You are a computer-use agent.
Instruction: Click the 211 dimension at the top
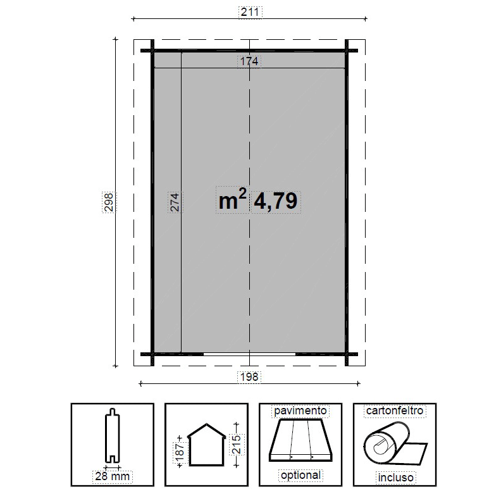point(249,12)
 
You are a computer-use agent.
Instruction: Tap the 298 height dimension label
point(109,202)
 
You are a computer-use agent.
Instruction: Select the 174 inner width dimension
point(249,61)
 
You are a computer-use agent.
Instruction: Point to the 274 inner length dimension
point(175,202)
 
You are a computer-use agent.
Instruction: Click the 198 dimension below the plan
point(249,377)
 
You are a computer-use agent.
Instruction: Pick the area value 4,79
point(276,201)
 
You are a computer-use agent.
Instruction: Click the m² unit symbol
point(232,200)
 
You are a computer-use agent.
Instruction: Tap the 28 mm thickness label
point(113,476)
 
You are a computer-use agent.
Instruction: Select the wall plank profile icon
point(112,435)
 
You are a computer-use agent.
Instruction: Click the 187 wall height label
point(180,453)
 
